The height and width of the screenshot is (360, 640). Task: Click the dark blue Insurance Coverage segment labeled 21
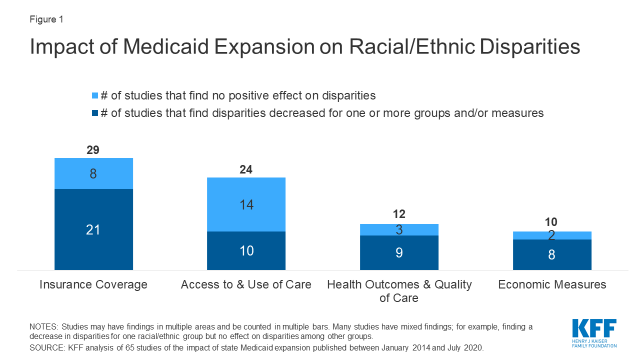93,229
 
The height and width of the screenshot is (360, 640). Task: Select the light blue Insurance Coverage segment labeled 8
93,173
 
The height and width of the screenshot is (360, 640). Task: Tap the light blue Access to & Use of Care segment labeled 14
246,204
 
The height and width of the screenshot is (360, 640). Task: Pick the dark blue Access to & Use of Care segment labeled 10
246,250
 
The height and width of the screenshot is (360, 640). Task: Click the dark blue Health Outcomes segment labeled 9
399,252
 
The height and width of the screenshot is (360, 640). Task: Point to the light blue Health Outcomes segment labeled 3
399,229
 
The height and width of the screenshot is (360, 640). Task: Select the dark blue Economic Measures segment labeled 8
552,254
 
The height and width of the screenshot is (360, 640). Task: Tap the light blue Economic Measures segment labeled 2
552,235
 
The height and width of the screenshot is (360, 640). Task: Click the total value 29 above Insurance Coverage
93,150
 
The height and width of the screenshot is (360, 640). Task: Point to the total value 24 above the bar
246,169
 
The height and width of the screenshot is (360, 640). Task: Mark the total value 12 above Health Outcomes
399,215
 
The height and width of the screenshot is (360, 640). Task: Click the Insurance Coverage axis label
93,284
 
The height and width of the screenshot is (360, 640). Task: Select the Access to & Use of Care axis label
246,284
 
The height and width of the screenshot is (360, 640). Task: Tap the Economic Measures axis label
552,284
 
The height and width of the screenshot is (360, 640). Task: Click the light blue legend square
94,95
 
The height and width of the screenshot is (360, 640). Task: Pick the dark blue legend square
94,113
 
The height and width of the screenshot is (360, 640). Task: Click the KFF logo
594,332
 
